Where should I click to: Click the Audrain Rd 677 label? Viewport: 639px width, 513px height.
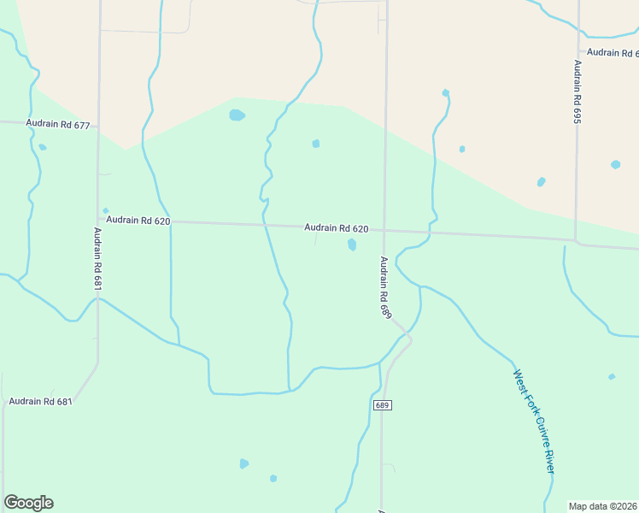pos(58,124)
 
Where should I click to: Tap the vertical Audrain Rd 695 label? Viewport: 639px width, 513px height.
pos(577,92)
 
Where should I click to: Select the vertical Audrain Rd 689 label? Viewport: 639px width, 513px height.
pos(385,288)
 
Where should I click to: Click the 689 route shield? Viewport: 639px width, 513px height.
pos(382,404)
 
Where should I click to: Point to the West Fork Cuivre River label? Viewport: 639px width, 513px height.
pos(534,422)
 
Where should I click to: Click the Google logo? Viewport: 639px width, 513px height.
pos(28,503)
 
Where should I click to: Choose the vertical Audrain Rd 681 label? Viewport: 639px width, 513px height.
pos(97,259)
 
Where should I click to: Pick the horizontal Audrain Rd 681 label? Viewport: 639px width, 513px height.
pos(41,401)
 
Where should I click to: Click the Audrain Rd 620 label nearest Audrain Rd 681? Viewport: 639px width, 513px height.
pos(138,221)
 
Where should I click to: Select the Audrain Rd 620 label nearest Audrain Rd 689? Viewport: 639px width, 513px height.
pos(337,228)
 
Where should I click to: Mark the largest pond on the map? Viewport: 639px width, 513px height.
pos(237,115)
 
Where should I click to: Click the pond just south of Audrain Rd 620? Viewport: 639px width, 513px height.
pos(352,245)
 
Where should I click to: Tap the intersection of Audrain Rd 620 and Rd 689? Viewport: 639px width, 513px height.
pos(384,230)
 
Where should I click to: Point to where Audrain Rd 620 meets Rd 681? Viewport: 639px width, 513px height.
pos(98,220)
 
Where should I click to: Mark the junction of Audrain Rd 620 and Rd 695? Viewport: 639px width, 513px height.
pos(577,240)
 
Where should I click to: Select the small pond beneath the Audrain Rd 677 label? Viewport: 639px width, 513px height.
pos(42,147)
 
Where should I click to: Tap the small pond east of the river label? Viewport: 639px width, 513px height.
pos(611,377)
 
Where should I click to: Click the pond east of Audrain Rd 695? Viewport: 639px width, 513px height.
pos(615,164)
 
